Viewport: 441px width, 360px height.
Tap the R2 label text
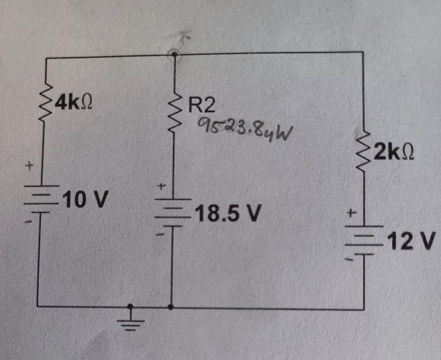pos(201,106)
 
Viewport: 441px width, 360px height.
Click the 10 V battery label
pos(86,200)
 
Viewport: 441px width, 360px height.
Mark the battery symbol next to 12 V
pos(364,240)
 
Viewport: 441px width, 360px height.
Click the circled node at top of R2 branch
pos(173,54)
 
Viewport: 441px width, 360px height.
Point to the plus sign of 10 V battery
pos(29,165)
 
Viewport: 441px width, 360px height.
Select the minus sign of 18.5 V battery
pos(161,235)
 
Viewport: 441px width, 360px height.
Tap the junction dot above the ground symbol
pos(131,306)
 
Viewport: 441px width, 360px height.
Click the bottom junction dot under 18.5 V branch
pos(171,307)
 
